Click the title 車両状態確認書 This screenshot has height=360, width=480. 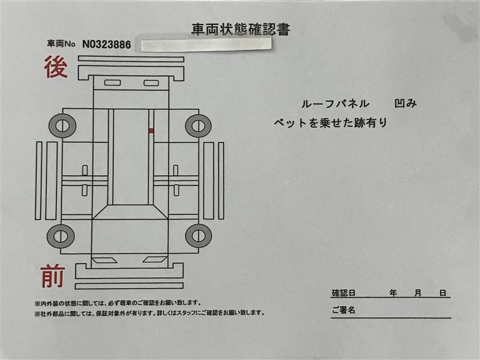click(241, 29)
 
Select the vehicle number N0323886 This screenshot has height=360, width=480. click(107, 44)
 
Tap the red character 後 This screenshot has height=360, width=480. click(56, 67)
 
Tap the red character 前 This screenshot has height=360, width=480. click(53, 277)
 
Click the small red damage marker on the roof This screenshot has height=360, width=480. click(151, 131)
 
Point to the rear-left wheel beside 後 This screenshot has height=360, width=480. click(62, 126)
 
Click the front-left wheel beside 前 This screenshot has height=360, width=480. click(61, 236)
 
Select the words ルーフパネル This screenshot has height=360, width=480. click(335, 104)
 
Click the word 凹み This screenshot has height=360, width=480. click(406, 103)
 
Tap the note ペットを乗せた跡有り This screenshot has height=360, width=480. click(331, 123)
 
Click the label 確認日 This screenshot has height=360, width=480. click(343, 293)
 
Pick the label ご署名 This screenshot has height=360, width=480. click(343, 310)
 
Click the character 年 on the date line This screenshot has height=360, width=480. click(393, 293)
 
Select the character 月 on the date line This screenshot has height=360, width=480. click(418, 293)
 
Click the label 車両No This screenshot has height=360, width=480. click(61, 44)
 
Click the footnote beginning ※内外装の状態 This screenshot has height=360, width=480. click(118, 303)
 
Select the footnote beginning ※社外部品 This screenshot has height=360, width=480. click(149, 313)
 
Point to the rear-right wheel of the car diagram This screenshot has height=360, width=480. click(199, 126)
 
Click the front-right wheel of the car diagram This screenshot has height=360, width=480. click(199, 236)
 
